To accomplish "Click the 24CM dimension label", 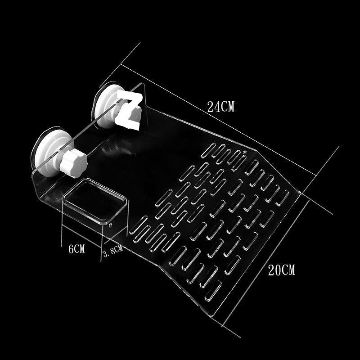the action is click(x=220, y=107).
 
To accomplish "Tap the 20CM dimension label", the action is click(x=282, y=270).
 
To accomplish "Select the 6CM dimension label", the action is click(x=76, y=249).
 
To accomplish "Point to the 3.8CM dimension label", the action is click(x=113, y=251).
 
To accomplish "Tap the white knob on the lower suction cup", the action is click(x=73, y=162).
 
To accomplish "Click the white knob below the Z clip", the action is click(x=130, y=115).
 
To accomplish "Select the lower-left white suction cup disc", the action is click(x=52, y=152).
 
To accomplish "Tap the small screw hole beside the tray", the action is click(x=110, y=225).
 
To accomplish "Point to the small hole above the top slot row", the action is click(x=245, y=152).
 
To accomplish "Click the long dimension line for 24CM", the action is click(x=219, y=120).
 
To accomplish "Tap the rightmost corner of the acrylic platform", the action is click(x=300, y=193).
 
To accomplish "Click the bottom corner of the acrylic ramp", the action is click(x=211, y=316).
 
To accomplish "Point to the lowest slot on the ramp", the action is click(x=213, y=291).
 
